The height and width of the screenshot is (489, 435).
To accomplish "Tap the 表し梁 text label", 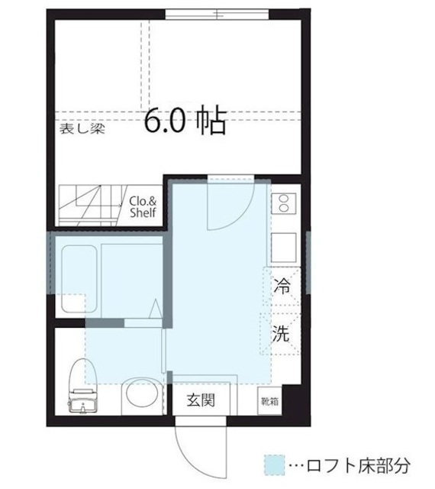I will pos(83,128).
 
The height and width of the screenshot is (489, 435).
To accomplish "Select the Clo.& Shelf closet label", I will pos(143,206).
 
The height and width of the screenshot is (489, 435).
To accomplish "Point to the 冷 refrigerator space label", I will pos(282,288).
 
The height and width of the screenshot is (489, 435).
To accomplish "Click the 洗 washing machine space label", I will pos(282,333).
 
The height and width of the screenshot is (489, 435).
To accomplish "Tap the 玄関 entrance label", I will pos(200,399).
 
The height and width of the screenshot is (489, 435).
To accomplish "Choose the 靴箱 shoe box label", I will pos(269,400).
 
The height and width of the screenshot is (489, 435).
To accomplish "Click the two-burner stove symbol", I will pos(283,202).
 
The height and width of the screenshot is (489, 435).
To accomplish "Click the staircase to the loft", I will pos(90,206).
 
